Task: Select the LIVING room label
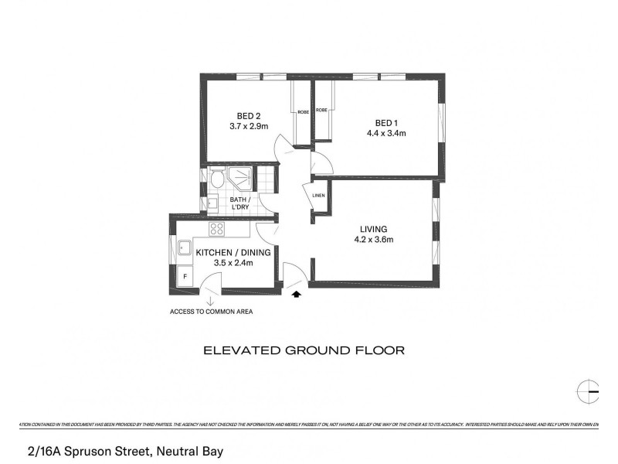[x=373, y=229]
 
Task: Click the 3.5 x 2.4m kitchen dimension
[x=233, y=264]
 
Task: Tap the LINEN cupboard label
[x=318, y=195]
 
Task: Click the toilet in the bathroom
[x=219, y=180]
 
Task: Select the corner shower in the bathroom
[x=243, y=177]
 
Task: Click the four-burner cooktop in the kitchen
[x=217, y=229]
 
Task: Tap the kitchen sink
[x=185, y=249]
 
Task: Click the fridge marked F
[x=185, y=276]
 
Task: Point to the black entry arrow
[x=297, y=293]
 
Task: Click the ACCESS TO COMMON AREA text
[x=211, y=312]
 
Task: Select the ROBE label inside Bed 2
[x=304, y=111]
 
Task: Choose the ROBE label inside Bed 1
[x=321, y=111]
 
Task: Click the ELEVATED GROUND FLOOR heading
[x=304, y=350]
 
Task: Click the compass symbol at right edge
[x=589, y=391]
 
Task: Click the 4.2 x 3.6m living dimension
[x=373, y=240]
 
